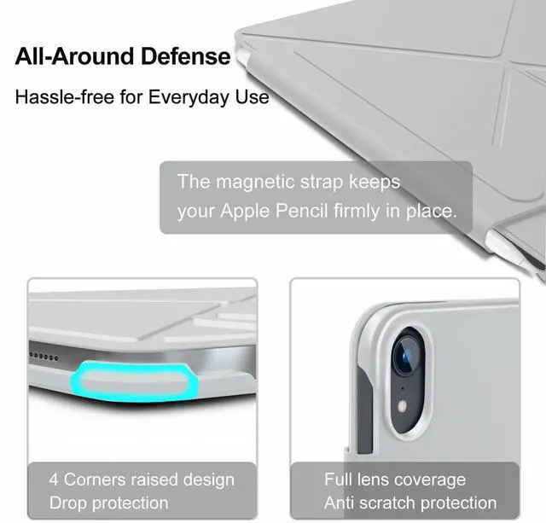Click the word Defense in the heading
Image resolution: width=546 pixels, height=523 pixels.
coord(185,56)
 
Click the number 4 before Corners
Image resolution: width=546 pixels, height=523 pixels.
coord(55,479)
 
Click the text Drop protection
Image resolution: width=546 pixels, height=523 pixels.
coord(108,503)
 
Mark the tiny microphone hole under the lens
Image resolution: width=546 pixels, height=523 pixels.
coord(403,387)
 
